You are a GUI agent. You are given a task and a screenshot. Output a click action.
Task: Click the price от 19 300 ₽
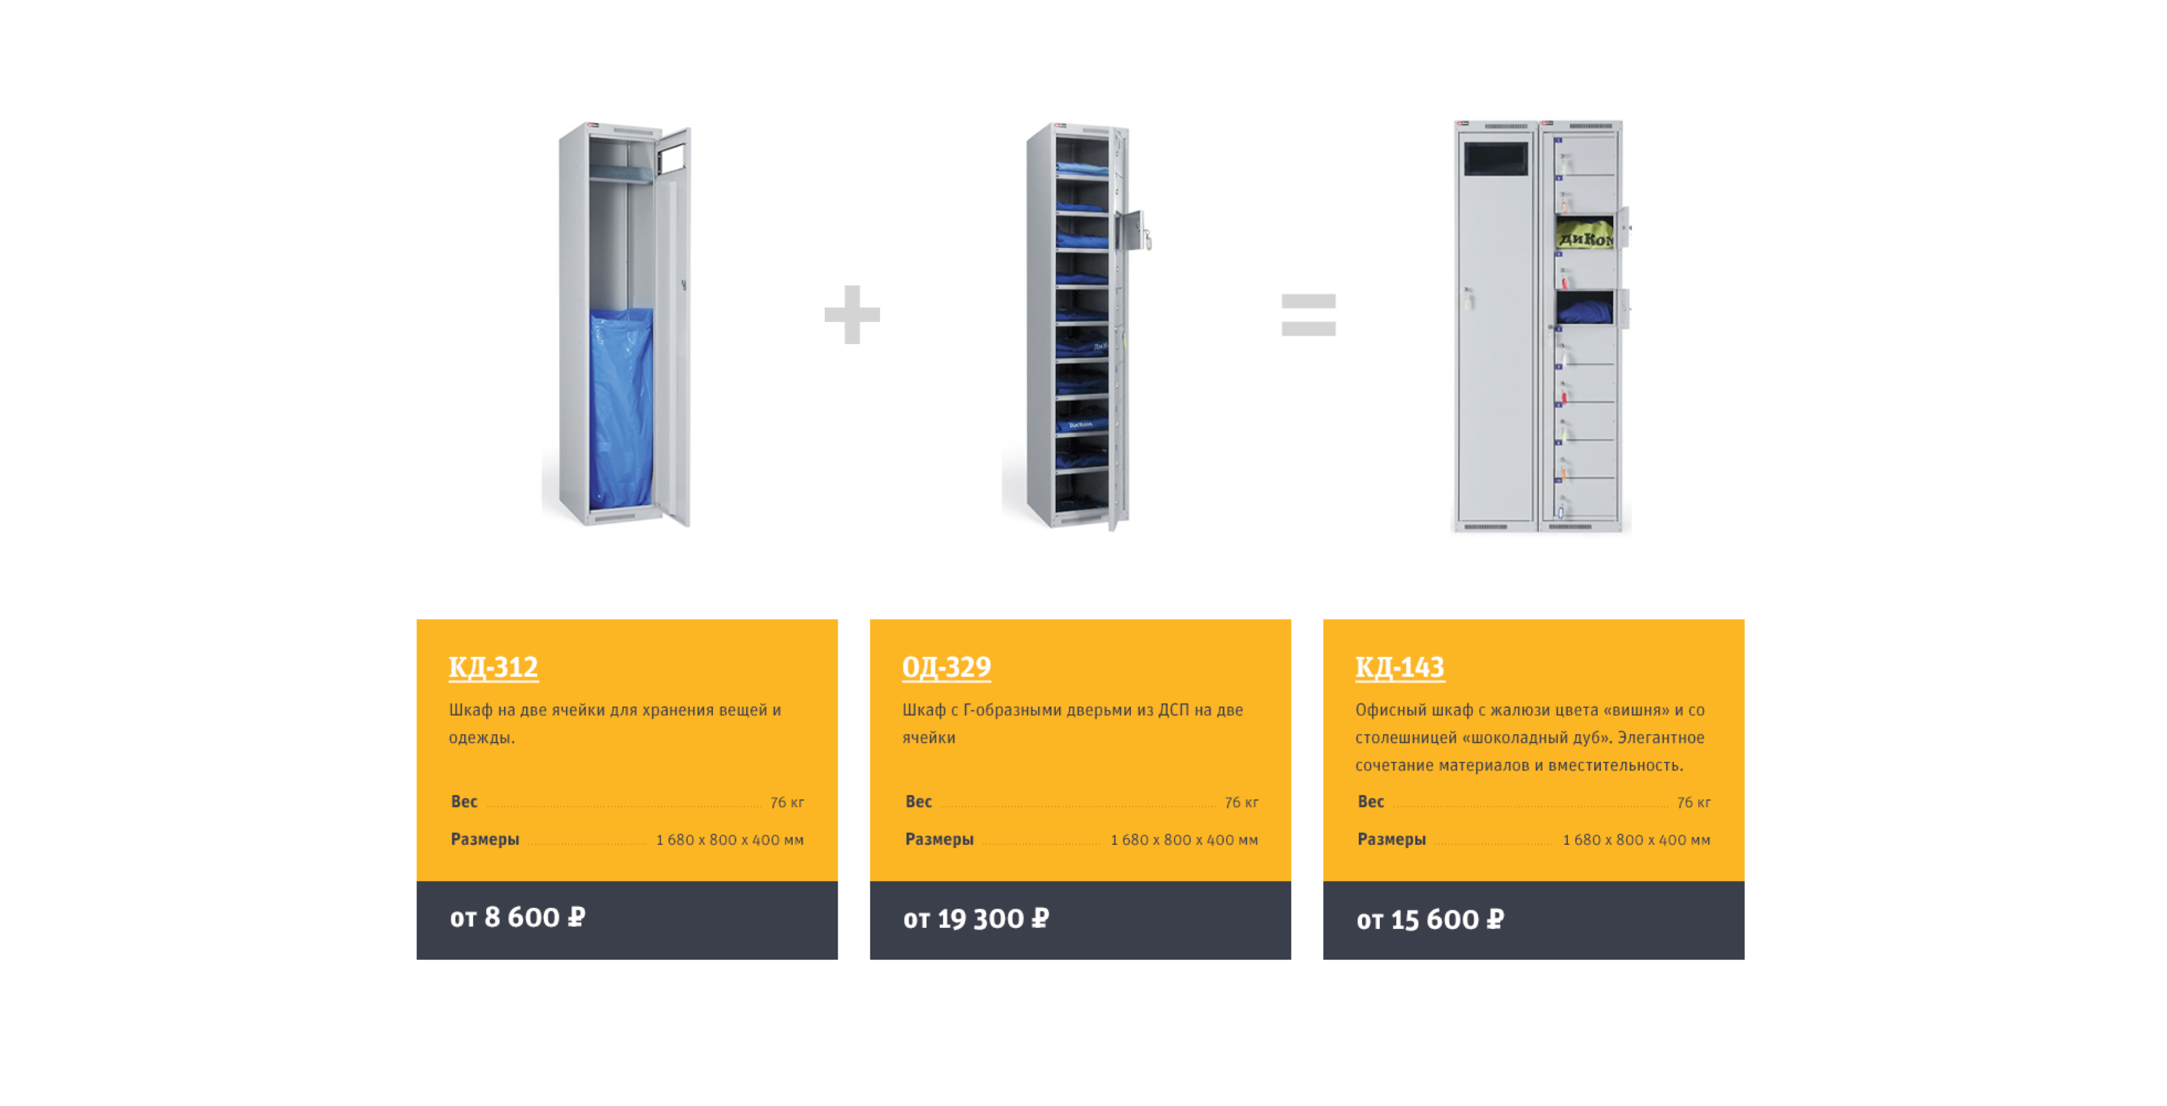pyautogui.click(x=976, y=919)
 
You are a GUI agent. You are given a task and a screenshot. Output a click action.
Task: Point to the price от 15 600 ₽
pyautogui.click(x=1430, y=919)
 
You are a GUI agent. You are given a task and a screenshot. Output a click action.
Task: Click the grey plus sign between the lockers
pyautogui.click(x=851, y=315)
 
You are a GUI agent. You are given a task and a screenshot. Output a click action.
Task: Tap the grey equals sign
pyautogui.click(x=1308, y=315)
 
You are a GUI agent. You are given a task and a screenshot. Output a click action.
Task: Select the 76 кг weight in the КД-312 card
pyautogui.click(x=787, y=802)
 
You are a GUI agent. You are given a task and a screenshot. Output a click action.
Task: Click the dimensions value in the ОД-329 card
pyautogui.click(x=1184, y=839)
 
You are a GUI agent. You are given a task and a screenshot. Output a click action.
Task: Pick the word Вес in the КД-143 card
pyautogui.click(x=1371, y=801)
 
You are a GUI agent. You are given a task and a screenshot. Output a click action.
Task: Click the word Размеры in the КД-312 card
pyautogui.click(x=484, y=839)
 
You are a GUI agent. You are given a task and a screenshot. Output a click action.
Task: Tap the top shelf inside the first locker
pyautogui.click(x=620, y=173)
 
